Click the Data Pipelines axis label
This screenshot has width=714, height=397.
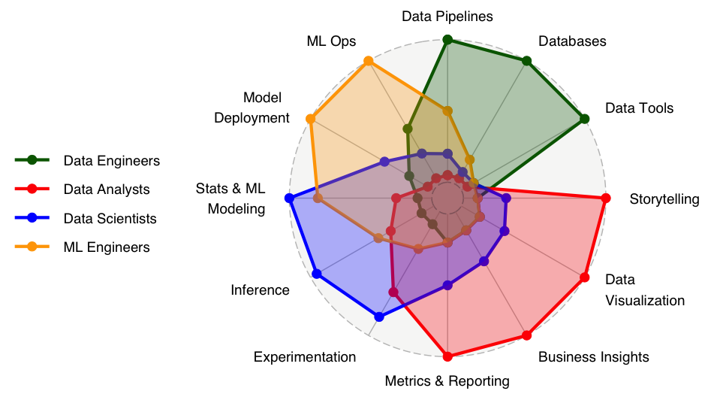447,16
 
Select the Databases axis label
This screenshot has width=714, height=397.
572,41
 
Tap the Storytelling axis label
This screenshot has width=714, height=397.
664,199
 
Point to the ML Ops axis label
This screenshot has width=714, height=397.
331,41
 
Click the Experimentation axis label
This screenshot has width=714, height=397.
305,356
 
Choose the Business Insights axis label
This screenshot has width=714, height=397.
593,356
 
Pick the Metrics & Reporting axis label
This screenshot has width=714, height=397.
447,381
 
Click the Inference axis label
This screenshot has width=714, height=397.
260,290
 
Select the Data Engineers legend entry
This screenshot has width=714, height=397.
111,160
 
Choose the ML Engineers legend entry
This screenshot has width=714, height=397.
107,247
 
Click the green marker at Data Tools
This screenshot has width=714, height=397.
584,119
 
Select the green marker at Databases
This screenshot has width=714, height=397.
527,61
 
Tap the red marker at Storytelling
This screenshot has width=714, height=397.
605,198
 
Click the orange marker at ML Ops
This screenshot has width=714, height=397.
368,61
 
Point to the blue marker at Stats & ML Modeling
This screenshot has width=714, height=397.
290,198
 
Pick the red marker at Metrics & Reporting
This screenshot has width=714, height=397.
447,356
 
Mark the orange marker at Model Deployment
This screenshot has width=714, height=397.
310,119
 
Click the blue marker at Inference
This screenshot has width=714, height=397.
316,274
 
